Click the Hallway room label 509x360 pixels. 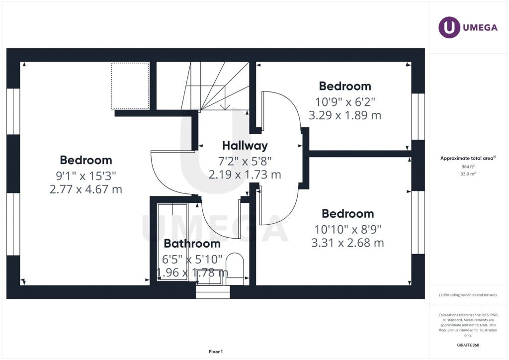(245, 146)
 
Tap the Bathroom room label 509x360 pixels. (192, 244)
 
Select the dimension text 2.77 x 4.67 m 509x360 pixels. (85, 189)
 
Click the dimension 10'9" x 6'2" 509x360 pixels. (345, 102)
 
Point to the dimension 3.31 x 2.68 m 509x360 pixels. (347, 243)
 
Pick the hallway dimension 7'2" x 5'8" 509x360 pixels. (245, 161)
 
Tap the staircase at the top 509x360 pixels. (203, 86)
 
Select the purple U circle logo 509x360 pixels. (449, 27)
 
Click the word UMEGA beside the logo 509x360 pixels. (480, 27)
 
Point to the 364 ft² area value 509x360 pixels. (468, 167)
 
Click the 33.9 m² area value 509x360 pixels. (468, 174)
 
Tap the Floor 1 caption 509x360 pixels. (216, 352)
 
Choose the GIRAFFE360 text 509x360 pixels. (468, 345)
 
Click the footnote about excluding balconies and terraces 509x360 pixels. (468, 295)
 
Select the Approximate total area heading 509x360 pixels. (468, 159)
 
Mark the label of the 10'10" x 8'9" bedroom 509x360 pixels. (347, 214)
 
